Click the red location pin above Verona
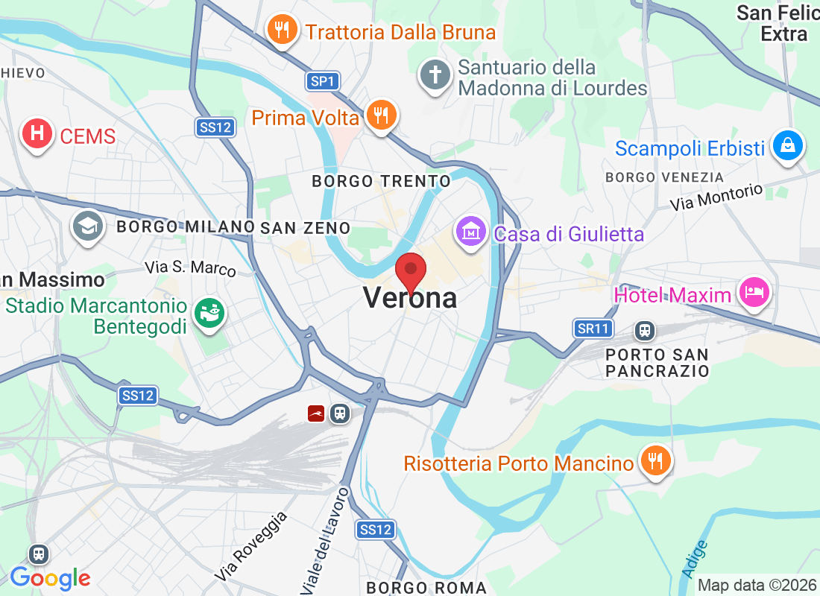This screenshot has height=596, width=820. [410, 270]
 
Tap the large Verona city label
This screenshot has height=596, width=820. [410, 298]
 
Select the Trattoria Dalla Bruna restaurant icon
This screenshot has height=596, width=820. [281, 31]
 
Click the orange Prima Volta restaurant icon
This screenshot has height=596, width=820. [382, 115]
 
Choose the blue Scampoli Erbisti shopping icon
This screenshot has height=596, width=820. [787, 145]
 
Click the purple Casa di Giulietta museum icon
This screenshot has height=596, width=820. [471, 232]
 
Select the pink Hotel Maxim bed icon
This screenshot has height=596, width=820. [753, 292]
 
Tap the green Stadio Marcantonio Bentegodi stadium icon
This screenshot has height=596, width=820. [209, 313]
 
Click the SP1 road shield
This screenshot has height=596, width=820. [323, 81]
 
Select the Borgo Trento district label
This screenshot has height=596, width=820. [381, 181]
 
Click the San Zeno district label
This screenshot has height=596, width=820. [306, 227]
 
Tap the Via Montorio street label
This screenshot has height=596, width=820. [716, 197]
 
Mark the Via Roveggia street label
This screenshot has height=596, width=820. [251, 547]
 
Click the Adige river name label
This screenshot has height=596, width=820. [695, 557]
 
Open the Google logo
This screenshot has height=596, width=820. [51, 577]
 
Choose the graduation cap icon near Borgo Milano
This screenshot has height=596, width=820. [88, 225]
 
